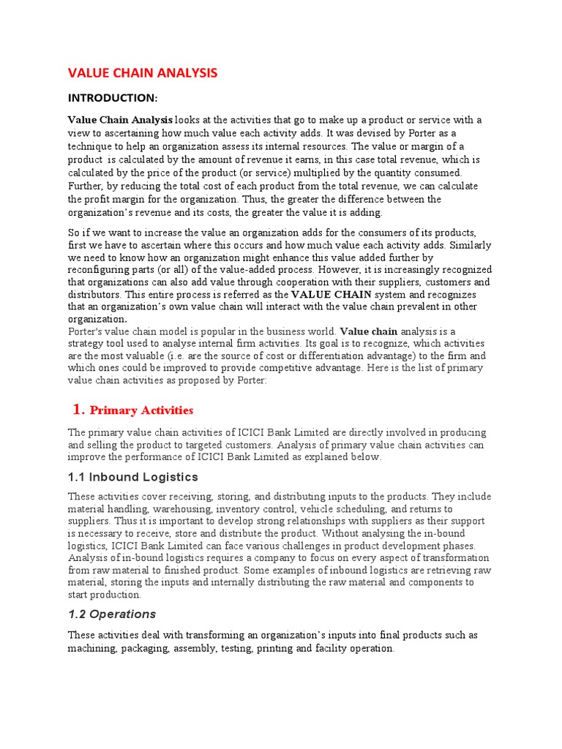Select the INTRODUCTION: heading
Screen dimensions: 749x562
pos(113,97)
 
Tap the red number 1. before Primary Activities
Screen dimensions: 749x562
pos(80,408)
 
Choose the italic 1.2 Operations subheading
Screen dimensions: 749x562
pos(111,614)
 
